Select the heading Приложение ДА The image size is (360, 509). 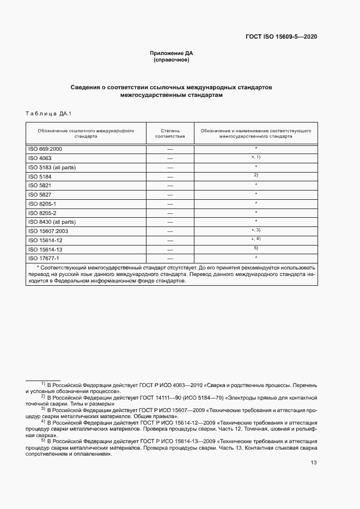[x=172, y=53]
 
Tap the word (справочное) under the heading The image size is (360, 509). [x=172, y=60]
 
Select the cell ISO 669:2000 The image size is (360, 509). [x=45, y=149]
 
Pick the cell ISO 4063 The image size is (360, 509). [x=40, y=158]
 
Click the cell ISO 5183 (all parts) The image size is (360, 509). [x=52, y=167]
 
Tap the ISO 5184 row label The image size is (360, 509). [x=40, y=176]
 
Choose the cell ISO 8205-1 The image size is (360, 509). [x=42, y=204]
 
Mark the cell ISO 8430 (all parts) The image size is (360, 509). [x=52, y=222]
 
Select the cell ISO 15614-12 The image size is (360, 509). [x=45, y=240]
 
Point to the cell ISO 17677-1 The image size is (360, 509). [x=44, y=258]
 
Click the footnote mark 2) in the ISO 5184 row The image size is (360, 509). [x=255, y=175]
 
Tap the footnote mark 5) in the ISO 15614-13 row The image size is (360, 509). [x=255, y=248]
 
